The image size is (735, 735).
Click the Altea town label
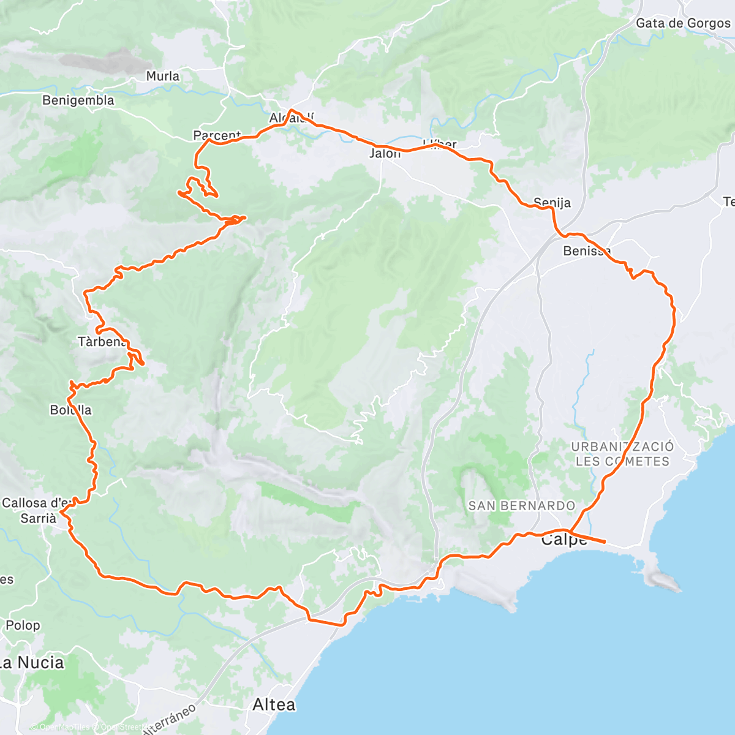tap(274, 705)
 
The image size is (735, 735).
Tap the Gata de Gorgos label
tap(683, 23)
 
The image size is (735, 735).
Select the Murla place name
tap(163, 76)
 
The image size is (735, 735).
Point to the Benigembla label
tap(78, 100)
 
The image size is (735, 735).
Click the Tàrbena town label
tap(102, 341)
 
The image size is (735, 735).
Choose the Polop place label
tap(23, 625)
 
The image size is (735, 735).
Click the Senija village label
tap(552, 202)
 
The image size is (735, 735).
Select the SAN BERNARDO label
tap(522, 506)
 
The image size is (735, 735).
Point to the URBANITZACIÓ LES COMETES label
tap(622, 454)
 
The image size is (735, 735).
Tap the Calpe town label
tap(563, 540)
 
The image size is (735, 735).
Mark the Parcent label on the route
tap(217, 135)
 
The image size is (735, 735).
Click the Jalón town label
tap(385, 153)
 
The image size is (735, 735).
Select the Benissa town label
tap(587, 251)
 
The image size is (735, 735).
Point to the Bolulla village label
tap(71, 410)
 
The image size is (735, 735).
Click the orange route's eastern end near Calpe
tap(605, 541)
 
